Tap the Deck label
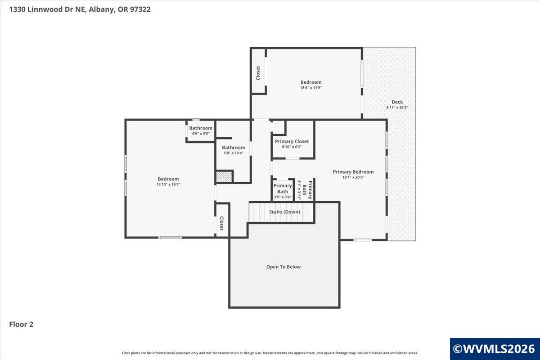tap(397, 102)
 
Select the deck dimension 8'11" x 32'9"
tap(397, 108)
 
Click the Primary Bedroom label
tap(353, 171)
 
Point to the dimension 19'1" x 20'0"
tap(353, 177)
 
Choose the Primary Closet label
tap(292, 141)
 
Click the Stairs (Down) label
tap(284, 212)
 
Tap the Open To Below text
tap(283, 267)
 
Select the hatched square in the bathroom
tap(224, 176)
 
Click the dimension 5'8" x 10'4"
tap(233, 153)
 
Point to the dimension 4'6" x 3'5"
tap(201, 134)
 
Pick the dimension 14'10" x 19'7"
tap(168, 184)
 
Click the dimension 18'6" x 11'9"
tap(311, 88)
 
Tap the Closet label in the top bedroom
tap(258, 73)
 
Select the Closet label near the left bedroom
tap(221, 223)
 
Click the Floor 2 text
tap(22, 324)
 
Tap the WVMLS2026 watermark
tap(494, 349)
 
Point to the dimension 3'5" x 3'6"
tap(283, 197)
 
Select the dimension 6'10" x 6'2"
tap(292, 147)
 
